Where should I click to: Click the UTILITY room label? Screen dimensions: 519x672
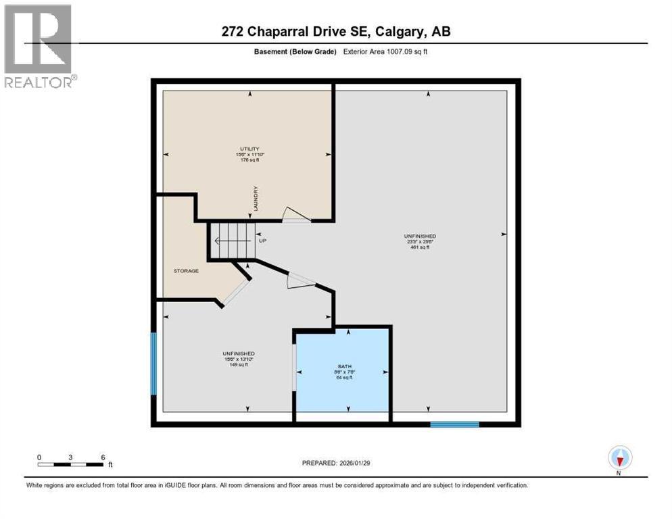248,148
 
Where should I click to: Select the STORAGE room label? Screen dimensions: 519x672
185,271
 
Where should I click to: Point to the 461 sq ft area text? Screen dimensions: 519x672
415,247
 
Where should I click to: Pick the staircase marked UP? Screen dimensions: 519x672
231,241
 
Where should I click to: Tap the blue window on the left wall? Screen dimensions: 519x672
153,363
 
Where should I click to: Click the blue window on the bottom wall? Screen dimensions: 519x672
454,424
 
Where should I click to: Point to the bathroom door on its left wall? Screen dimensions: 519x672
293,367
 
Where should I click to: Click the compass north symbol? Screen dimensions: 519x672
619,458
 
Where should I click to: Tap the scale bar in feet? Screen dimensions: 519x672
70,464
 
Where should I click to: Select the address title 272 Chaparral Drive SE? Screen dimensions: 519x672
335,32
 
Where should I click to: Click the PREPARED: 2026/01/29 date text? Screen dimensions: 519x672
336,463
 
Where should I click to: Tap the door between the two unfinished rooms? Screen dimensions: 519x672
301,280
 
